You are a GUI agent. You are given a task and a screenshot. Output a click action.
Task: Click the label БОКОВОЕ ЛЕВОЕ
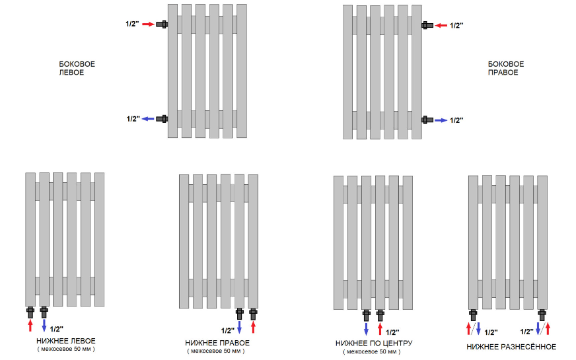coord(77,68)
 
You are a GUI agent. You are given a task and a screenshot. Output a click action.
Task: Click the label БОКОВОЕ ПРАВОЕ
coord(506,68)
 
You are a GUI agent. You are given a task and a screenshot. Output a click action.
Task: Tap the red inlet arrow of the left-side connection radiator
coord(148,24)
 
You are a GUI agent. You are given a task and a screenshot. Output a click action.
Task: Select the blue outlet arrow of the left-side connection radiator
coord(148,119)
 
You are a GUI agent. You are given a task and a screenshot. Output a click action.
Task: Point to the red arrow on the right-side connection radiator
coord(441,25)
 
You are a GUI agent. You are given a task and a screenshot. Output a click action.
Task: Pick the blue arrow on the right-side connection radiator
coord(441,120)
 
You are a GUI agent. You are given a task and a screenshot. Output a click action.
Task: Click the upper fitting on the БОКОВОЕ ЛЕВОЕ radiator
coord(162,24)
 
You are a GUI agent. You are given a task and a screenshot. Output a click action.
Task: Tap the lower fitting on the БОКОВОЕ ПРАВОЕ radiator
coord(427,120)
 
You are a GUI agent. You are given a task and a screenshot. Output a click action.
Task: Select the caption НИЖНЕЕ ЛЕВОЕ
coord(66,341)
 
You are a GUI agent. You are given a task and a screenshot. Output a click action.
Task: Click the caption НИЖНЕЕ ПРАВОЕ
coord(217,343)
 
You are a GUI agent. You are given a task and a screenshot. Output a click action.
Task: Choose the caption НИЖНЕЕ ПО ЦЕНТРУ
coord(374,343)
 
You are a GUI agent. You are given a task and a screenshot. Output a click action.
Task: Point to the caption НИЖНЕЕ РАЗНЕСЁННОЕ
coord(511,347)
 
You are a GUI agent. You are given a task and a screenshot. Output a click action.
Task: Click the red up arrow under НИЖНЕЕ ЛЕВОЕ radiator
coord(30,325)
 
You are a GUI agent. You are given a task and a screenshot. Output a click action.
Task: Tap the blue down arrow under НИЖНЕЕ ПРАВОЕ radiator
coord(240,327)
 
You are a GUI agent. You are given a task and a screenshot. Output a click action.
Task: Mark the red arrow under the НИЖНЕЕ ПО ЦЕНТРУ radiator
coord(380,328)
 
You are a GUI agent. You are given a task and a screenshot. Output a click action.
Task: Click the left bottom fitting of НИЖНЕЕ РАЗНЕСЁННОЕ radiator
coord(473,315)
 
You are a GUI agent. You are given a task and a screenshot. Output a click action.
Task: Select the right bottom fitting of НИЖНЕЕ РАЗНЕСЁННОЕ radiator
coord(542,315)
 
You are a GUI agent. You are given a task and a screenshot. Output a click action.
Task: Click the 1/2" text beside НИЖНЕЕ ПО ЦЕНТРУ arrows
coord(392,332)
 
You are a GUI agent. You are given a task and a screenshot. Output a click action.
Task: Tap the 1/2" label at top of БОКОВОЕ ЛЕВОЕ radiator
coord(132,24)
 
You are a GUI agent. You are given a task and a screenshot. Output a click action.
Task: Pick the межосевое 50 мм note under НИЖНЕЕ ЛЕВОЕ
coord(66,349)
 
